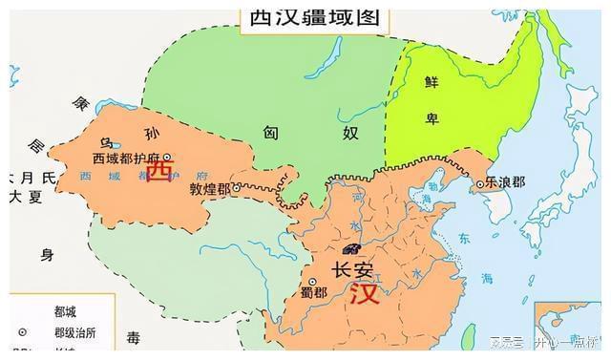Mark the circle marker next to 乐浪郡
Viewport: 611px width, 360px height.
(480, 183)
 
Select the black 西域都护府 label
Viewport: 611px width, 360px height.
(126, 159)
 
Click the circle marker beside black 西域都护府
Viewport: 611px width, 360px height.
(167, 158)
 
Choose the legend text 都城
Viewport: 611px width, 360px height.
(67, 312)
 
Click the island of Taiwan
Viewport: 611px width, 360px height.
(469, 335)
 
